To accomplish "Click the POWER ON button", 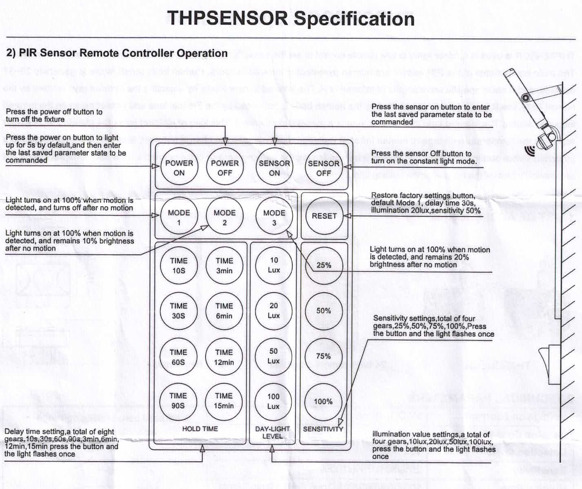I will (x=179, y=168).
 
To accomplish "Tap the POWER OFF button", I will (x=225, y=168).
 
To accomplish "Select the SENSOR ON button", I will (x=274, y=168).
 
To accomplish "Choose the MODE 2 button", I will (x=225, y=218).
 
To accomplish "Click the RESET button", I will (x=324, y=216).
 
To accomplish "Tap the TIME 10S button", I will (x=179, y=265).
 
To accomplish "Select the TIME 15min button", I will (x=224, y=401).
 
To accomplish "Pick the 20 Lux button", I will (x=274, y=311).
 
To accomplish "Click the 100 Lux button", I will (x=273, y=401).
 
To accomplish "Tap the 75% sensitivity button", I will (x=324, y=356).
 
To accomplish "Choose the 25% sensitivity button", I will (x=324, y=265).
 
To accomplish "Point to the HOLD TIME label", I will (x=200, y=429).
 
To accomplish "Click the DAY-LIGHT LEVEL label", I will (x=272, y=432).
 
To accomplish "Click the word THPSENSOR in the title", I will (x=227, y=19).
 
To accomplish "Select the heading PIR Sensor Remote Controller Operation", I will (x=117, y=53).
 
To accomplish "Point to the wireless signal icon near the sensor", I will (x=530, y=151).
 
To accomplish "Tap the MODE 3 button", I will (x=274, y=218).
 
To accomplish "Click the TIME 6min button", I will (x=224, y=311).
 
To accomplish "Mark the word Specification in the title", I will (x=354, y=19).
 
